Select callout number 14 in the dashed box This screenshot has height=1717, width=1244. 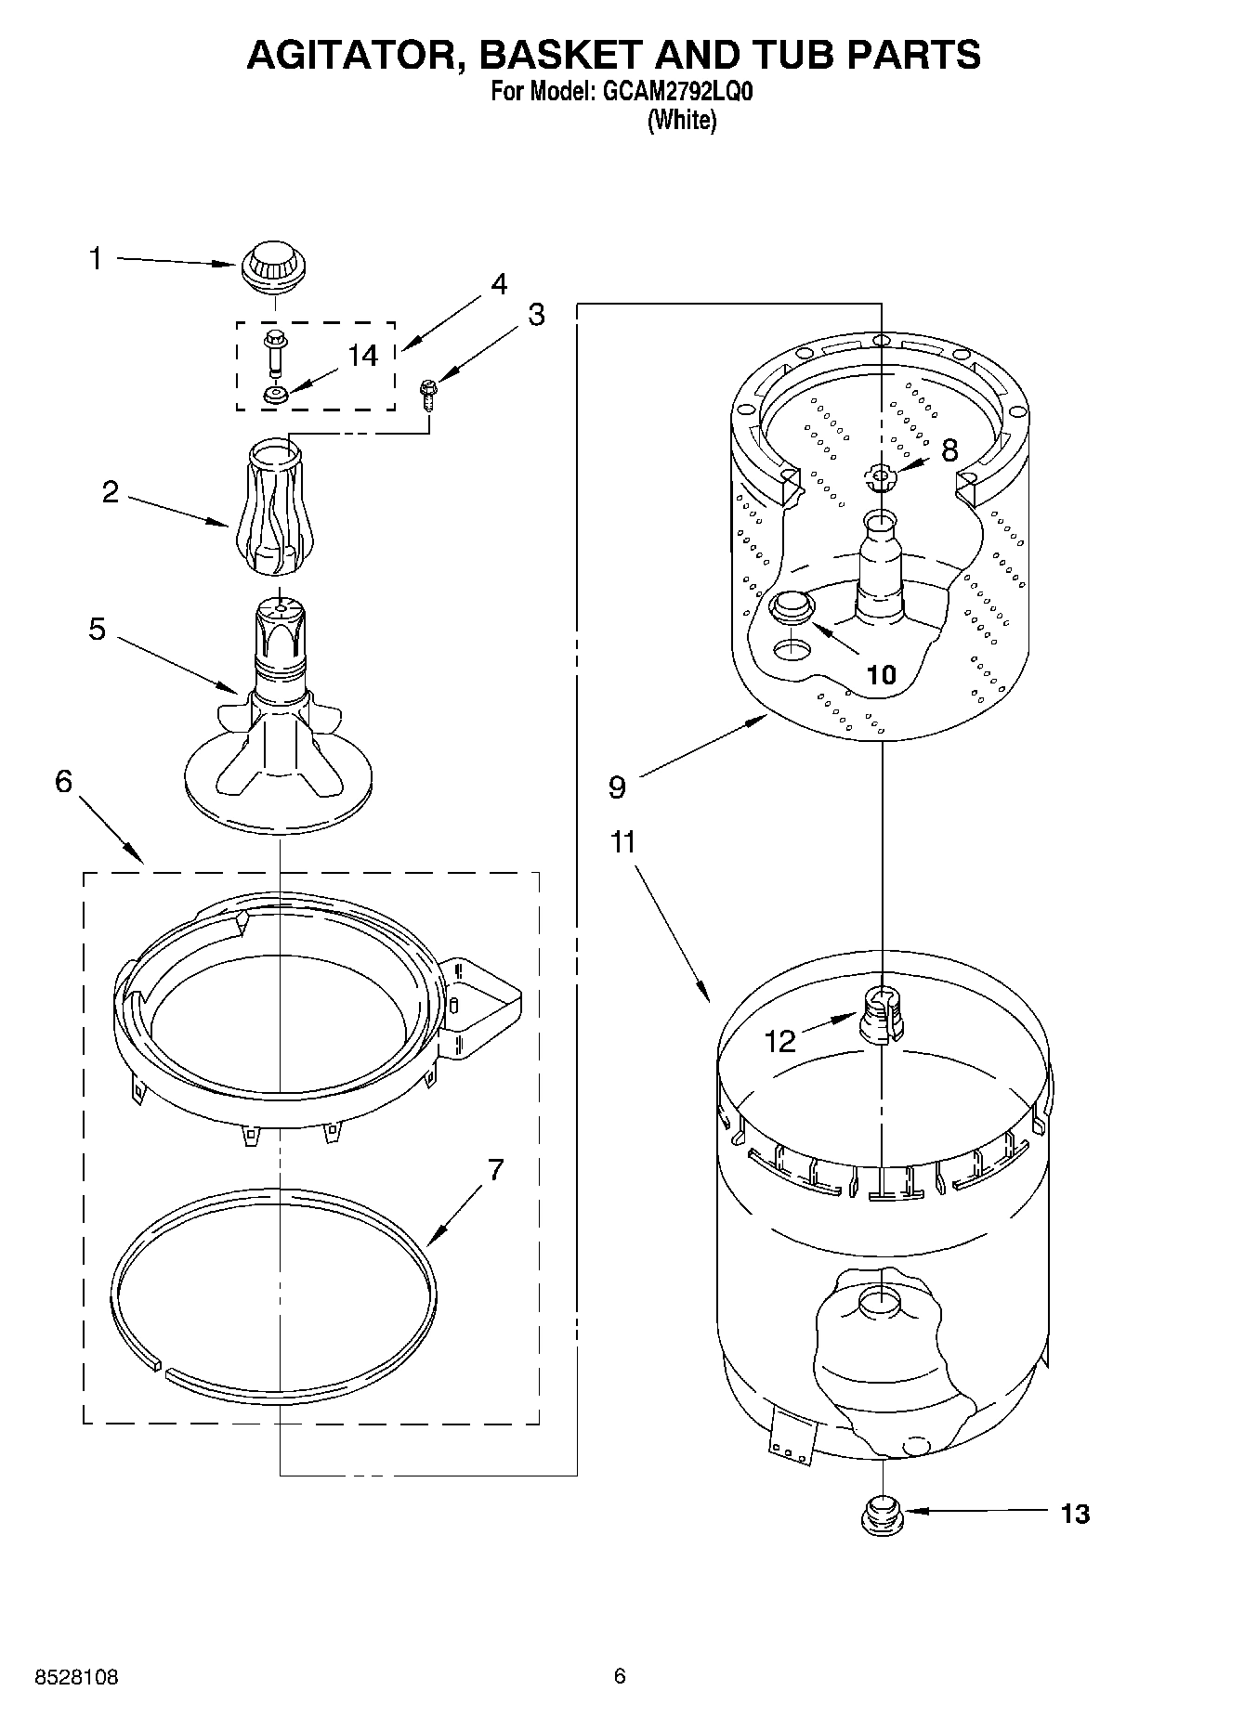[363, 356]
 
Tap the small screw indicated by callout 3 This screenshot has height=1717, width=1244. [428, 396]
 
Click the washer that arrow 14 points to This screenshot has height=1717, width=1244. [275, 397]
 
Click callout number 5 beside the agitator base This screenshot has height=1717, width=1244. [97, 630]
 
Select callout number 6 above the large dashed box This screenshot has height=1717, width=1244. [63, 782]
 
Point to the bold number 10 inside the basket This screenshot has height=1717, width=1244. [881, 674]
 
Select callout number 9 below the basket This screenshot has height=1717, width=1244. [617, 787]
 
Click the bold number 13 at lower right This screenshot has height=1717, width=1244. [1075, 1515]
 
